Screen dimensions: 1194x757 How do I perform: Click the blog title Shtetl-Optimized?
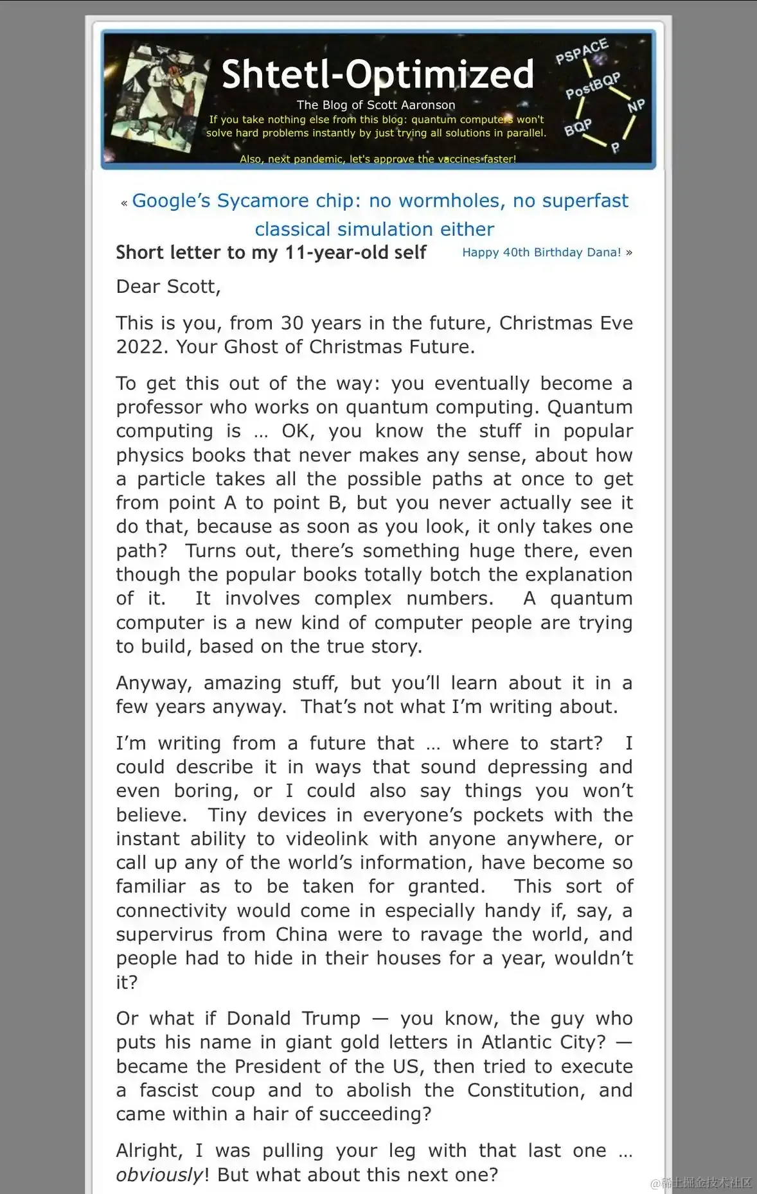click(377, 75)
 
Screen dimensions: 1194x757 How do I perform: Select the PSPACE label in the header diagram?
click(582, 52)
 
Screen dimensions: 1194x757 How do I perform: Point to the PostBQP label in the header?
click(592, 85)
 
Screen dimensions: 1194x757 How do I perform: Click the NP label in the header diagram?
click(636, 106)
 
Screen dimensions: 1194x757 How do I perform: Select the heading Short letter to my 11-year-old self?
click(271, 252)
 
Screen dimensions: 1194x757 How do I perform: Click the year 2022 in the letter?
click(143, 347)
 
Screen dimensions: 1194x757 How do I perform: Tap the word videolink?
click(327, 839)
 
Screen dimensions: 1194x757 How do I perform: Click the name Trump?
click(331, 1019)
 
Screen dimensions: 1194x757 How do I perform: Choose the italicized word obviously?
click(159, 1175)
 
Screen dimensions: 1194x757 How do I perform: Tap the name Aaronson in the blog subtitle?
click(428, 105)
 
